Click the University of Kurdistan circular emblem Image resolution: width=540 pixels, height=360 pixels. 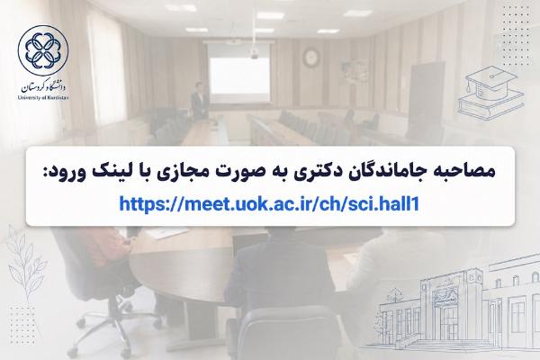click(43, 50)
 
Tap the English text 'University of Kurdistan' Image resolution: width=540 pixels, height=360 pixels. click(43, 97)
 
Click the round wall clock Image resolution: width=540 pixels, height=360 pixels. click(310, 58)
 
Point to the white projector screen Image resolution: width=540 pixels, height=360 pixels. click(239, 75)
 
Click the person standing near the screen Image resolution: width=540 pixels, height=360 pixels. click(199, 101)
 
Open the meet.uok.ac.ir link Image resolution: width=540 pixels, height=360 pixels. click(269, 203)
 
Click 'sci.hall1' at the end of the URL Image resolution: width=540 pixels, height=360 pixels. click(384, 203)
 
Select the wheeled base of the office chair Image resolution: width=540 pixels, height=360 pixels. click(114, 326)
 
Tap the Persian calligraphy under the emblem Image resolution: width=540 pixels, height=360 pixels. click(43, 87)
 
